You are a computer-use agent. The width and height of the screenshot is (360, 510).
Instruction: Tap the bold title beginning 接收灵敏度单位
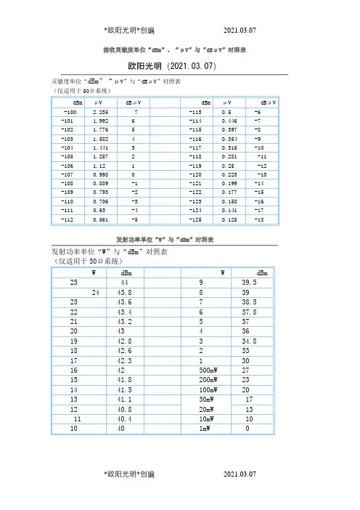click(x=180, y=50)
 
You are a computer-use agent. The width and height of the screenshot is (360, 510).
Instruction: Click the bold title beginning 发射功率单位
click(x=180, y=239)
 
